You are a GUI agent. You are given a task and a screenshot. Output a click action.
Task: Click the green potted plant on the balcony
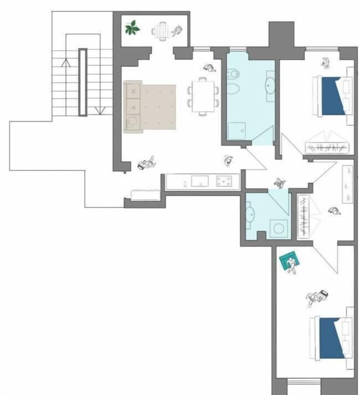[132, 28]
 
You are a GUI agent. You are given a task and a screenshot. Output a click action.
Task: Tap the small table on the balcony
[162, 30]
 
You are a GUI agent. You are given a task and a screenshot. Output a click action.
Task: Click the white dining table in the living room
[203, 96]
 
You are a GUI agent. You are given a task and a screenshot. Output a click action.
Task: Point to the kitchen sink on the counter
[199, 181]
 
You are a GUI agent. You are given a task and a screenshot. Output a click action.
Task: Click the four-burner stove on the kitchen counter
[224, 182]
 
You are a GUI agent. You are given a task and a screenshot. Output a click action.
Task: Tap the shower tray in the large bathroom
[237, 131]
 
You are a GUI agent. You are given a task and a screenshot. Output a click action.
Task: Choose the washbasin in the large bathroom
[270, 86]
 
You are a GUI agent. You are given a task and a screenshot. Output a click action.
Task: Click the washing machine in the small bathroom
[279, 228]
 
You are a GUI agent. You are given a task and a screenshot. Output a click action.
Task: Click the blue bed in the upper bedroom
[333, 96]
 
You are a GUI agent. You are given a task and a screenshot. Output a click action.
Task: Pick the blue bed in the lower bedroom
[331, 338]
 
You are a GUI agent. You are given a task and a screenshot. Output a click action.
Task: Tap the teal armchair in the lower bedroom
[288, 260]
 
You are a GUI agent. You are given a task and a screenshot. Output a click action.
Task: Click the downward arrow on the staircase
[100, 110]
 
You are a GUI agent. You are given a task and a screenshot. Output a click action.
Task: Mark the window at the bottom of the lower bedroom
[304, 382]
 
